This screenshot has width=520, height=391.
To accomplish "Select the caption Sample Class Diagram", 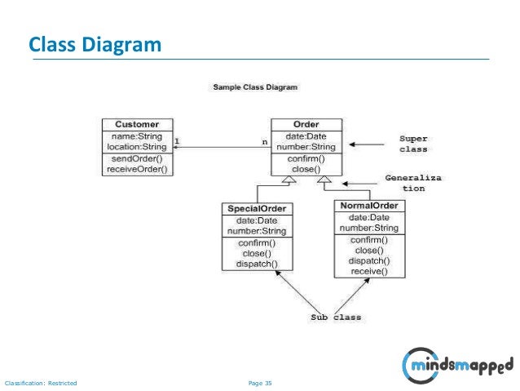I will tap(255, 87).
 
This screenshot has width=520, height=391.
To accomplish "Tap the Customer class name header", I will tap(136, 125).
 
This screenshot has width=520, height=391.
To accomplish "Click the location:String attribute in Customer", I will tap(136, 147).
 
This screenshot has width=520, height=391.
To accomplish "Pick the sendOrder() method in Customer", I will tap(136, 158).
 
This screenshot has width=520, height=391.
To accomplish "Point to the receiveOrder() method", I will tap(136, 169).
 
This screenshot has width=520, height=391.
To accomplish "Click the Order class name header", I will tap(306, 125).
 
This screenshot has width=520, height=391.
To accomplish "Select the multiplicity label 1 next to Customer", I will tap(177, 140).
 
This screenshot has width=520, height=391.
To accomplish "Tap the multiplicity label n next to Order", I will tap(263, 140).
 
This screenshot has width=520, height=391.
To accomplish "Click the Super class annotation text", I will tap(413, 144).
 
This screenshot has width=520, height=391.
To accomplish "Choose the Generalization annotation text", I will tap(413, 182).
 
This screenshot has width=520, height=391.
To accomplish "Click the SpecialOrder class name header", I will tap(257, 209).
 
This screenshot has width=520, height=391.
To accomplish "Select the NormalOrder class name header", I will tap(369, 206).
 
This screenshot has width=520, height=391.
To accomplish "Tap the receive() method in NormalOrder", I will tap(369, 271).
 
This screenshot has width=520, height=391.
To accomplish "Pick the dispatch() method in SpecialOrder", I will tap(257, 264).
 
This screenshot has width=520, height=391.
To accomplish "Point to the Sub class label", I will tap(335, 317).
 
